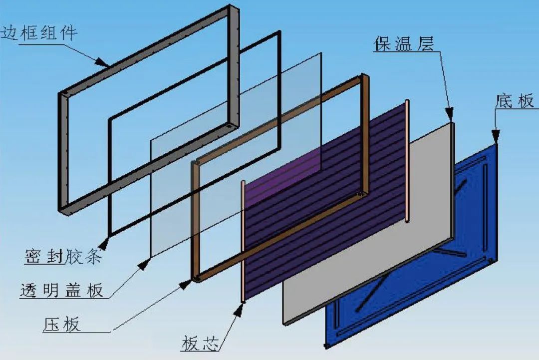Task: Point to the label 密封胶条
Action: point(63,258)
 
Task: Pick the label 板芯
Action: point(200,344)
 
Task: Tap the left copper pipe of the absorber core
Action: point(243,240)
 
